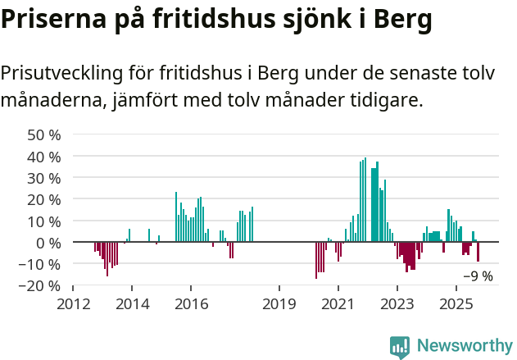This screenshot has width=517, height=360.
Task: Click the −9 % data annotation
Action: [x=478, y=276]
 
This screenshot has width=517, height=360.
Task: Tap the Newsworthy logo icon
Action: [x=399, y=347]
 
